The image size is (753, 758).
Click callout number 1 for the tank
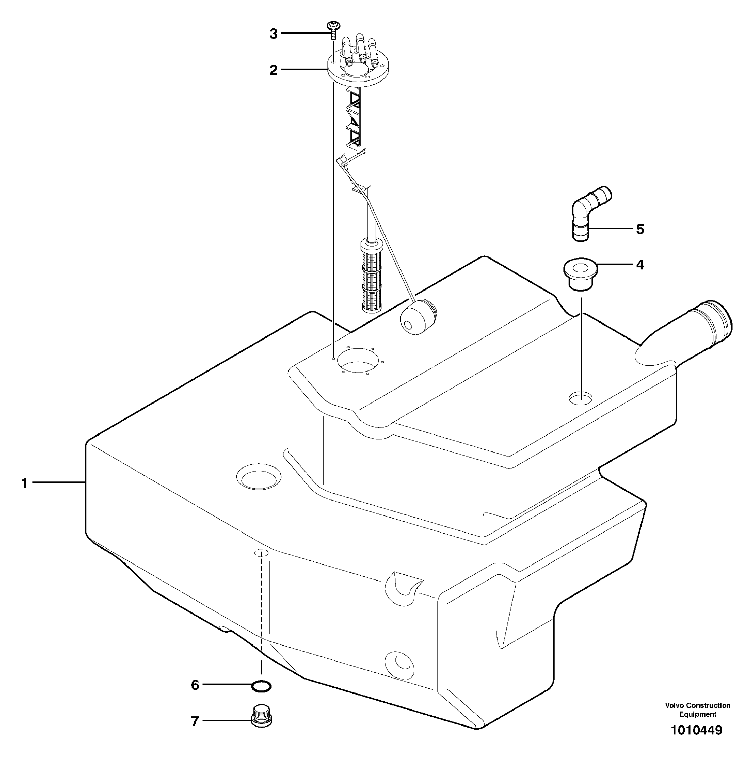(x=25, y=483)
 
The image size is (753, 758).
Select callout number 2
(x=274, y=70)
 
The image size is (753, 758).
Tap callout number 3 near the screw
(x=274, y=34)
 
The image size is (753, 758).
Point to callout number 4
(x=640, y=265)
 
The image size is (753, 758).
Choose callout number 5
(x=640, y=229)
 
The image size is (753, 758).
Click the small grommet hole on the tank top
(x=581, y=398)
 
